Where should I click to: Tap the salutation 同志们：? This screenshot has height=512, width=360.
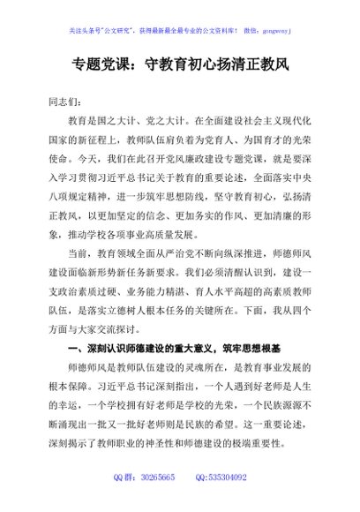coord(68,104)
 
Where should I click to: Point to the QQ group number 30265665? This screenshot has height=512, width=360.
coord(159,478)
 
